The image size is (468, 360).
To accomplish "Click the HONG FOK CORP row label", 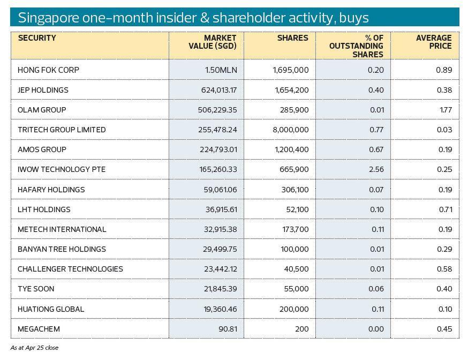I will [48, 70].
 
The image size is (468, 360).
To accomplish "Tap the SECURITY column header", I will [37, 38].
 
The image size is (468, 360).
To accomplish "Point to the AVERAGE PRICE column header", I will [434, 42].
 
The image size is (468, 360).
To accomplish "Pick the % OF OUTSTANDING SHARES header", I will [356, 46].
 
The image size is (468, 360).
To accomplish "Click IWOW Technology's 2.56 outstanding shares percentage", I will [376, 169].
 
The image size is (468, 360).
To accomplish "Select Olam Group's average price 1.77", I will [446, 110].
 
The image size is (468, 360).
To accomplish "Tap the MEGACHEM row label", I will [39, 329].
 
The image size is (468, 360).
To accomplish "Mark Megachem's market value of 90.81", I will [228, 329].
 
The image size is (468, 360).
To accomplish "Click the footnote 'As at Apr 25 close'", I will [34, 348].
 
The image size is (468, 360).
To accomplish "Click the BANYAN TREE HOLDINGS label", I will [62, 249].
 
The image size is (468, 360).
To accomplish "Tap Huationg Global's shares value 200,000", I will [294, 309].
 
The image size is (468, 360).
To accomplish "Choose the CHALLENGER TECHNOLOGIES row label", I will [70, 269].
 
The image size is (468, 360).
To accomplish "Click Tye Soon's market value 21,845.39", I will [214, 289].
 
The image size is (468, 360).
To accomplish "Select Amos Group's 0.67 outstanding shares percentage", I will [376, 149].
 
